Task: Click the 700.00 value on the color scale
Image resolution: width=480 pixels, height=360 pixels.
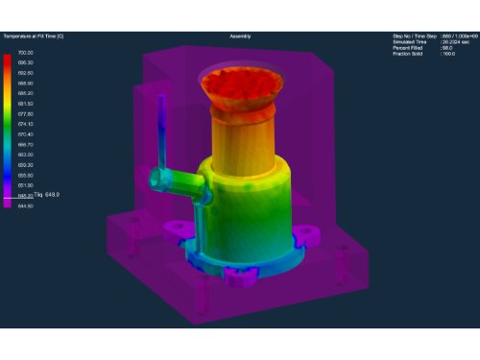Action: click(x=26, y=52)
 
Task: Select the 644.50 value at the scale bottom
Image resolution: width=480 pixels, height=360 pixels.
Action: click(x=26, y=205)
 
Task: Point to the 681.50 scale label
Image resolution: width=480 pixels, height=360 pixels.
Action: click(x=26, y=103)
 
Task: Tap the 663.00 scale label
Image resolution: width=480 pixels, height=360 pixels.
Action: click(x=26, y=155)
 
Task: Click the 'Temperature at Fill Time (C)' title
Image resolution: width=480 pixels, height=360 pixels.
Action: click(x=35, y=36)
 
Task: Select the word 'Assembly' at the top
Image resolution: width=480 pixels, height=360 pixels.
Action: click(x=240, y=36)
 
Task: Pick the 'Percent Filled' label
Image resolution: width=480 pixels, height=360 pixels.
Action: click(x=407, y=48)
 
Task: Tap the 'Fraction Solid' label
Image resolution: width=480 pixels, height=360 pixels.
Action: click(x=408, y=54)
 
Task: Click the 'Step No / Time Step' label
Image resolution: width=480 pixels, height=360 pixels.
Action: click(x=414, y=36)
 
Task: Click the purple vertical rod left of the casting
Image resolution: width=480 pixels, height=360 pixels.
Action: click(x=162, y=130)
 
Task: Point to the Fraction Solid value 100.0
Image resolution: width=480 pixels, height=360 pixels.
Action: click(x=448, y=54)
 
